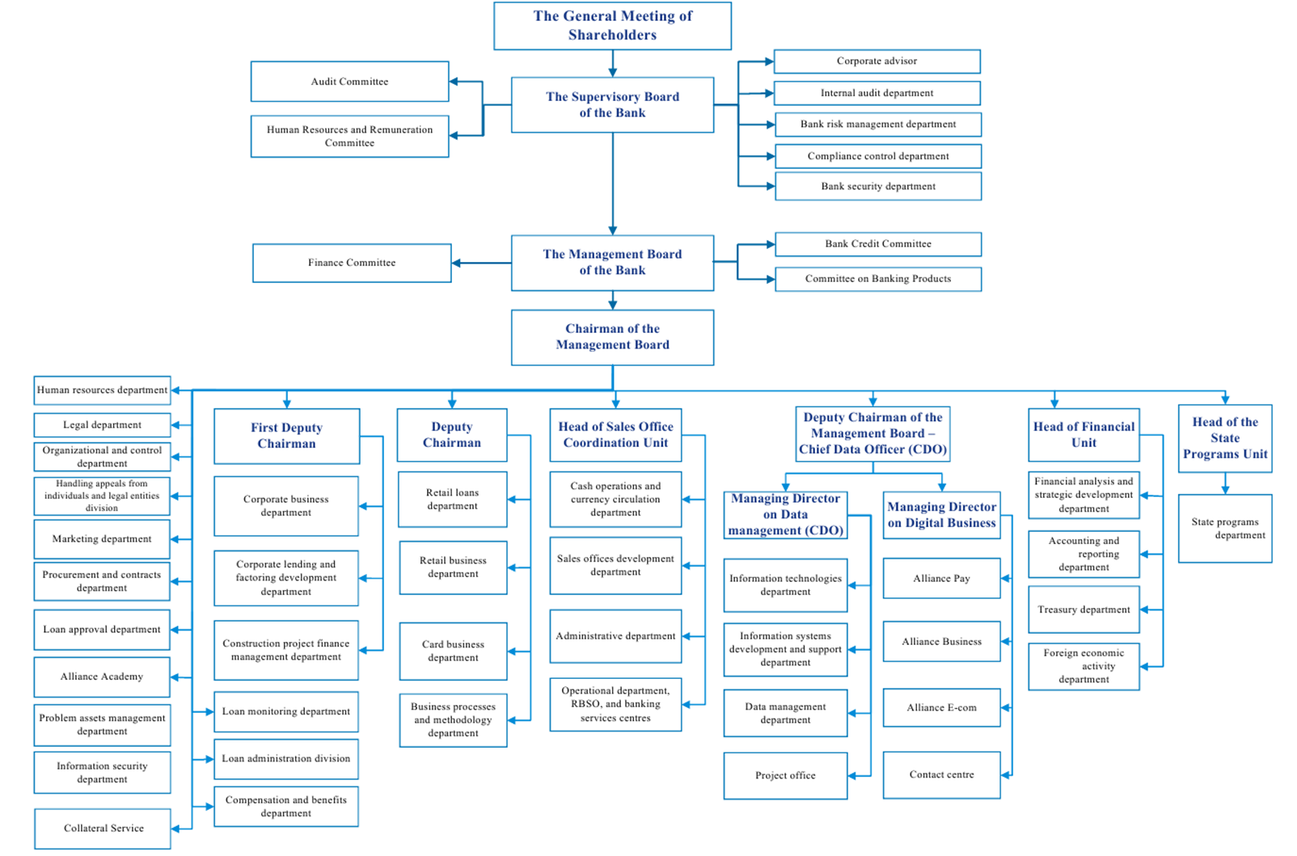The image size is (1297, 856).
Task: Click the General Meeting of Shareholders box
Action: click(x=612, y=26)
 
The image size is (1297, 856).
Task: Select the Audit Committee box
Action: click(x=349, y=82)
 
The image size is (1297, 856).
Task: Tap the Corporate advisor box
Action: click(x=877, y=61)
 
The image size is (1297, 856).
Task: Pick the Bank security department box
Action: click(x=878, y=187)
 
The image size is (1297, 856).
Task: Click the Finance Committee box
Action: click(x=352, y=263)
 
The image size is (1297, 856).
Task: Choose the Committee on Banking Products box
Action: click(x=878, y=279)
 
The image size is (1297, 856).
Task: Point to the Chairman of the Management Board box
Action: click(x=612, y=337)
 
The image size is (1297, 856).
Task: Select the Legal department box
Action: click(x=102, y=425)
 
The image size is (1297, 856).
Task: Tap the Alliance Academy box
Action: click(x=102, y=677)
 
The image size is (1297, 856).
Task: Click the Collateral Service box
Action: click(x=103, y=829)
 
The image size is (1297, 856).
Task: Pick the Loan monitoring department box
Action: click(x=286, y=712)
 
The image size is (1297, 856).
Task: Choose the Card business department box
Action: click(x=453, y=651)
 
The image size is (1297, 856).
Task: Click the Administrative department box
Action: click(x=615, y=636)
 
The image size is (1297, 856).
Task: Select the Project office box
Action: click(x=785, y=775)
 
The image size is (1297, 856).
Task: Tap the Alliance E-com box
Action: click(x=941, y=708)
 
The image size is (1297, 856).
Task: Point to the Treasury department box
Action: click(x=1084, y=609)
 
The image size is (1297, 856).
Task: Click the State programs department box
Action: click(x=1224, y=529)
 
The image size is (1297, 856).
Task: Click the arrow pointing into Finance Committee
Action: click(x=481, y=263)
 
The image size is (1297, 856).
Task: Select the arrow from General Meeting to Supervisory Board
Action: click(x=613, y=64)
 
